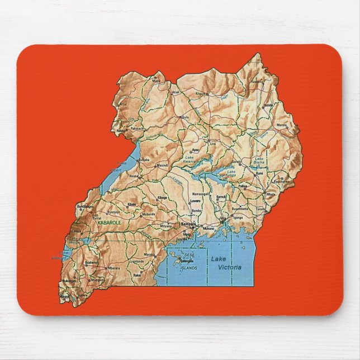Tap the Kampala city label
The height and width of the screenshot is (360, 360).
pos(188,224)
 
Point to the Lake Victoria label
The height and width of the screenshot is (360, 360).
pos(226,263)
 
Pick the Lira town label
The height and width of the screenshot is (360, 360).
pos(212,144)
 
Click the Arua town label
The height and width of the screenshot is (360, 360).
pos(123,104)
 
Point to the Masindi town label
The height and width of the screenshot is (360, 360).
pos(162,165)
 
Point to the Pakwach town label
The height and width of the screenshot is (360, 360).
pos(137,129)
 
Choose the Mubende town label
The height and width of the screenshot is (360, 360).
pos(148,214)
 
